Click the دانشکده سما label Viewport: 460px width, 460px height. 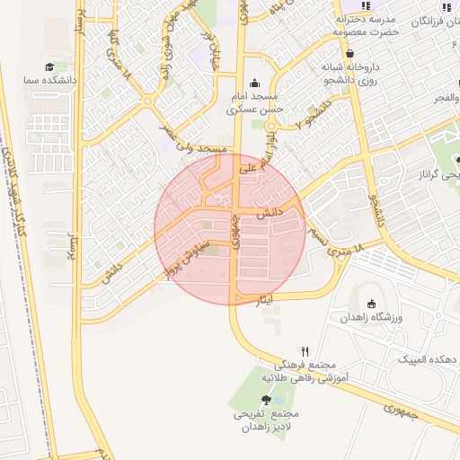51,81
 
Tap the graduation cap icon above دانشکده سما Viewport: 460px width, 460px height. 50,66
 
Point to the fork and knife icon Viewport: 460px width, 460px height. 305,351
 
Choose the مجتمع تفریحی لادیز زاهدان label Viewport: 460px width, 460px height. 267,421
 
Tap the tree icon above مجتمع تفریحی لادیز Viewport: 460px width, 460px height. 267,400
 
